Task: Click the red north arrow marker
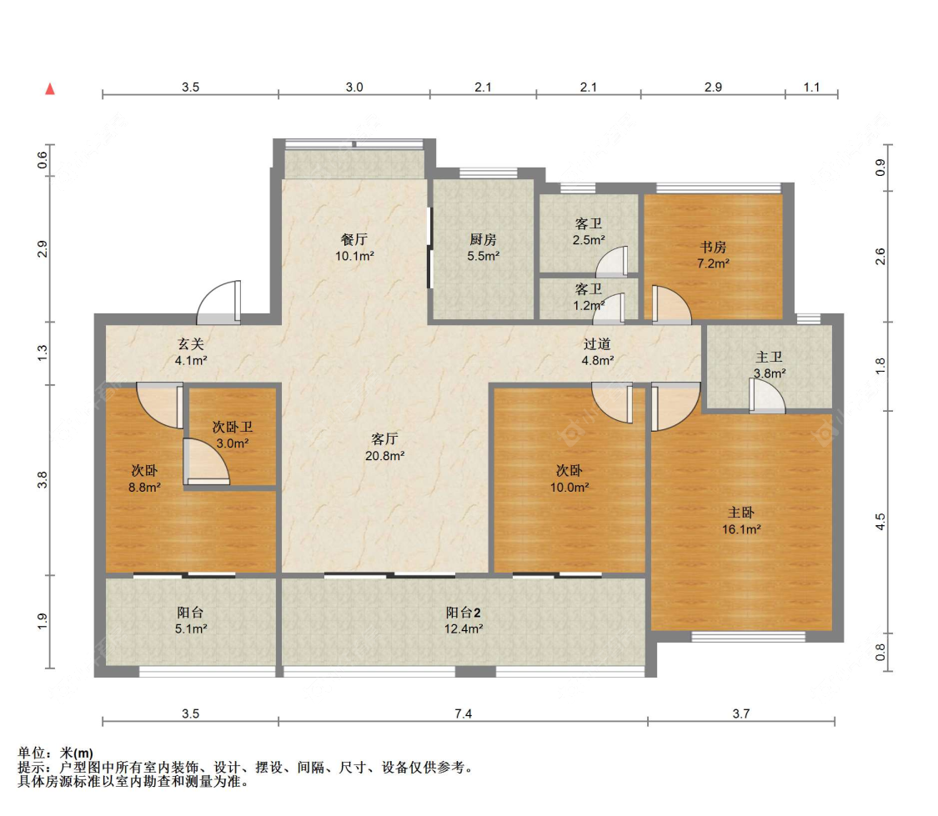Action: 50,89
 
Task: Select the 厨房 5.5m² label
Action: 484,248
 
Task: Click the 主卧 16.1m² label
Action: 741,521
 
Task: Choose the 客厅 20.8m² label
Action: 384,447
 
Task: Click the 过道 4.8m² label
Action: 598,352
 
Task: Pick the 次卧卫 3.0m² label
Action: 232,435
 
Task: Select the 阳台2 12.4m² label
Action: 464,620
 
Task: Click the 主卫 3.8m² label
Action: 770,365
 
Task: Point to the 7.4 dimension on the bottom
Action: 463,713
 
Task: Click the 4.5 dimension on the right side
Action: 880,522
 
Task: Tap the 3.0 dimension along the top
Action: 354,88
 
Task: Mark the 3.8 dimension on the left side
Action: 42,479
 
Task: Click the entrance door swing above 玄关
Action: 219,302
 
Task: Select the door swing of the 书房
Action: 671,305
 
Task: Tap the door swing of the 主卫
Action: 767,396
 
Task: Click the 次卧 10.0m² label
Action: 569,478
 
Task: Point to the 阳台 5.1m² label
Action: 191,620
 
